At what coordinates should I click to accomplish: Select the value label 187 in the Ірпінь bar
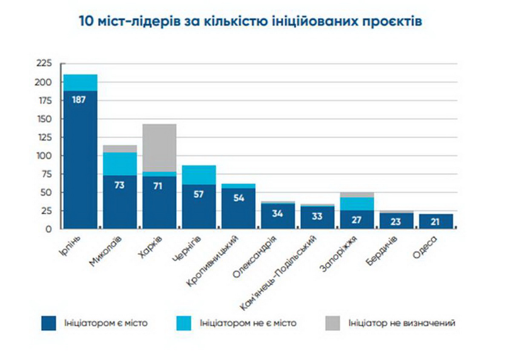tap(79, 100)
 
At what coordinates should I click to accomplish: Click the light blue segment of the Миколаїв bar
tap(120, 163)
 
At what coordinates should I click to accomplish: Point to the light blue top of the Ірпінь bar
tap(80, 83)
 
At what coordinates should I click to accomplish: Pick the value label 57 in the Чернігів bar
tap(199, 194)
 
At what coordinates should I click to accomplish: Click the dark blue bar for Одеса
tap(436, 221)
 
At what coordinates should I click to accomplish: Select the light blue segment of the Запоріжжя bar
tap(357, 203)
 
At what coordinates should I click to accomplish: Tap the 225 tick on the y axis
tap(44, 64)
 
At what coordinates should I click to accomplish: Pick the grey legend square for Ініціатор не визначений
tap(333, 323)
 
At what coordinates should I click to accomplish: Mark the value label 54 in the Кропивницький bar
tap(238, 198)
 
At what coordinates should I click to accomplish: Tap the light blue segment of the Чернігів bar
tap(199, 174)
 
